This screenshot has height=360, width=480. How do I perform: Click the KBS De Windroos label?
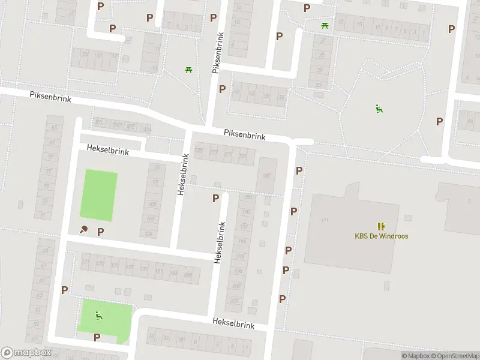pos(381,236)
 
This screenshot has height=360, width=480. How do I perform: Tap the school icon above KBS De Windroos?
pos(381,226)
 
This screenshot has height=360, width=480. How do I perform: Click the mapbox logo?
pos(26,353)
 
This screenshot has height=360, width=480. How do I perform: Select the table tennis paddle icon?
pos(84,229)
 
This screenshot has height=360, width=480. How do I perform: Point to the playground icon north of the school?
pos(379,109)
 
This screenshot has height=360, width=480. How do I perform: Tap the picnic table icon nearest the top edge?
pos(325,25)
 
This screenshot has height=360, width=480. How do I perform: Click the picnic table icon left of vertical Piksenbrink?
pos(188,70)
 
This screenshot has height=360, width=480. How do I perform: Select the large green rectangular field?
pos(99,195)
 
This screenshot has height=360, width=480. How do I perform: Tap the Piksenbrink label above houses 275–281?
pos(244,136)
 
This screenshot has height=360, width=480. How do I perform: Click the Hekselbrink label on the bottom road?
pos(233,323)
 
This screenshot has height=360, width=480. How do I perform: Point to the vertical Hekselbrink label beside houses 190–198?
pos(220,242)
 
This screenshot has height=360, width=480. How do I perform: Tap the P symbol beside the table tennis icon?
pos(101,232)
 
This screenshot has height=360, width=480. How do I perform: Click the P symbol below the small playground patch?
pos(97,337)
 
